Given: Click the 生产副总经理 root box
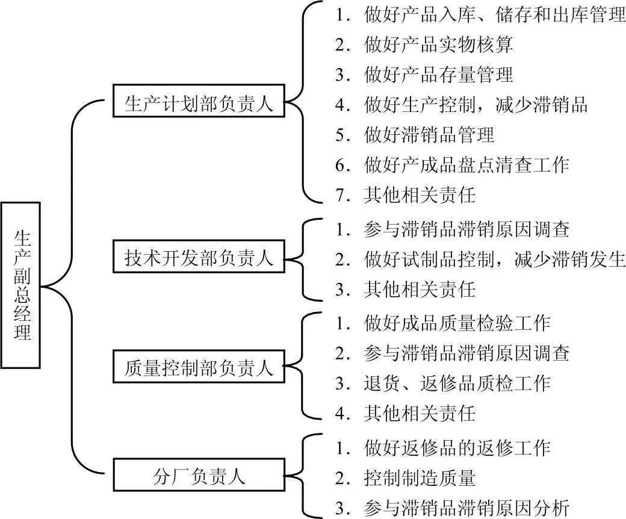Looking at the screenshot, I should pyautogui.click(x=21, y=285).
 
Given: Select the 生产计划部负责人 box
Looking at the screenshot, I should pyautogui.click(x=199, y=104).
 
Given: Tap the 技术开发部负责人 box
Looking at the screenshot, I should pyautogui.click(x=199, y=259).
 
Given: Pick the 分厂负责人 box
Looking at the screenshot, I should pyautogui.click(x=199, y=477).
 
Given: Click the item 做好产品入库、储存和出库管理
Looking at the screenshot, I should pyautogui.click(x=480, y=14).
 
